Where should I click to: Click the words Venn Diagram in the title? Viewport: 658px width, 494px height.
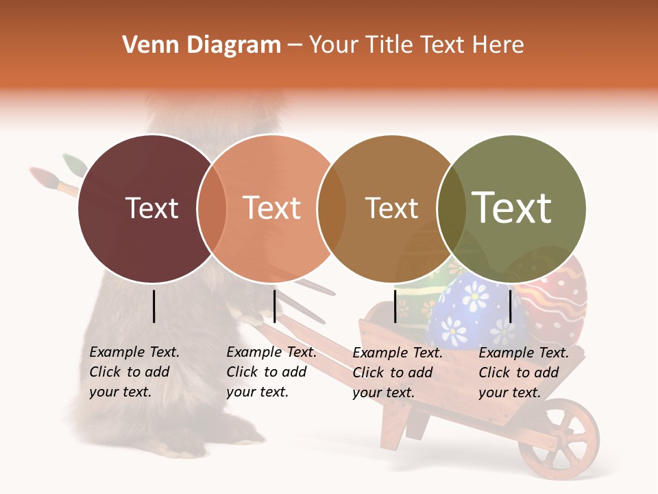coord(202,45)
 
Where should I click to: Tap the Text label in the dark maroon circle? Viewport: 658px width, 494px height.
coord(152,209)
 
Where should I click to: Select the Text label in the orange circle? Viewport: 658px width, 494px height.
coord(272,209)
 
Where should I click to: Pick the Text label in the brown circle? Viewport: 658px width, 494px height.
coord(391,209)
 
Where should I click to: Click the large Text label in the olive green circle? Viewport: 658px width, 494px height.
coord(512,208)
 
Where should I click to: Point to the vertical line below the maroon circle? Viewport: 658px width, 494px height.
coord(154,306)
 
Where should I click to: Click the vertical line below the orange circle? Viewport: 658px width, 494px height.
coord(274,306)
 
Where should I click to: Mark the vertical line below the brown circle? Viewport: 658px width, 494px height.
coord(395,306)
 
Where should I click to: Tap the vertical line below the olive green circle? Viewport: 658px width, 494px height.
coord(511,306)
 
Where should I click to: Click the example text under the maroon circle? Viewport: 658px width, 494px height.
coord(134,372)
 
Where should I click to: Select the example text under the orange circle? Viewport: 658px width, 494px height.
coord(271,372)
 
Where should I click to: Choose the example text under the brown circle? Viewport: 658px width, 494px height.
coord(398,373)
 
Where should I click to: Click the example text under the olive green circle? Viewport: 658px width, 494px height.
coord(524,373)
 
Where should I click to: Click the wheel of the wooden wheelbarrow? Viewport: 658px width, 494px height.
coord(559,439)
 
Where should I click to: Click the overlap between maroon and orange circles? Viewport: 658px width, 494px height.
coord(212,209)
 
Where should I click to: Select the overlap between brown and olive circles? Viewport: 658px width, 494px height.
coord(452,209)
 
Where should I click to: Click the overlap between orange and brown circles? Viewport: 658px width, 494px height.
coord(332,209)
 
